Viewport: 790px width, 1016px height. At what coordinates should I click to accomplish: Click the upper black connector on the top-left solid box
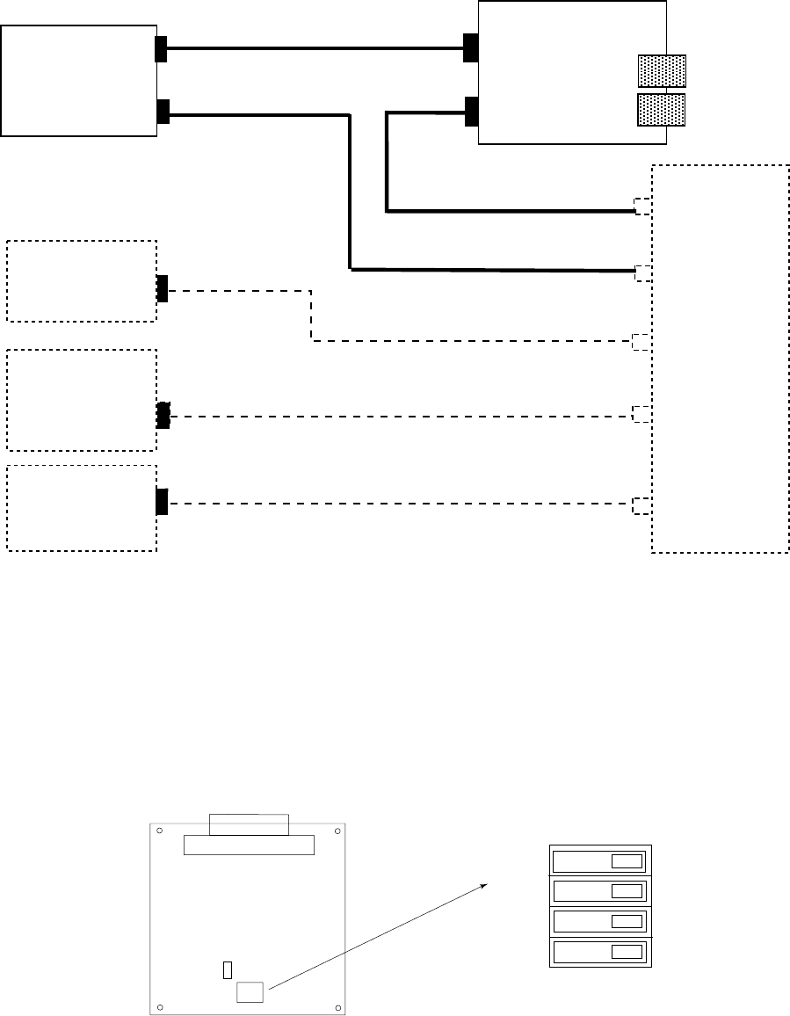click(x=161, y=48)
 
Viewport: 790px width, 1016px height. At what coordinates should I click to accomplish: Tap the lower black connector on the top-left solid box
click(x=162, y=112)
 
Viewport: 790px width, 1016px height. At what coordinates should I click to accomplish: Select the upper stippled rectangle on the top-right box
click(x=661, y=71)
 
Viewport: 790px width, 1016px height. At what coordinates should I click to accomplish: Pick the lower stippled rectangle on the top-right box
click(x=661, y=109)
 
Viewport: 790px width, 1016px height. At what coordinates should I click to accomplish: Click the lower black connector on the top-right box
click(x=471, y=112)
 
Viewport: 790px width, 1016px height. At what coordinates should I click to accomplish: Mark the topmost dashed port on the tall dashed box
click(x=643, y=207)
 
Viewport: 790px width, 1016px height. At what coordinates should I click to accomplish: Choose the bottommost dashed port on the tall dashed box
click(x=642, y=505)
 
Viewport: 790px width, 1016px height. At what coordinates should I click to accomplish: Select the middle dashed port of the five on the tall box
click(x=642, y=342)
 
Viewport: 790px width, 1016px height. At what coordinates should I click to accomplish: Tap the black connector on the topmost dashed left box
click(x=162, y=288)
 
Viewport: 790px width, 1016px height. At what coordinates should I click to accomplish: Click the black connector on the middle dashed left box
click(x=163, y=416)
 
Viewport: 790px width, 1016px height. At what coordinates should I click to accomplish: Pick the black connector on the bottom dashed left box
click(x=162, y=501)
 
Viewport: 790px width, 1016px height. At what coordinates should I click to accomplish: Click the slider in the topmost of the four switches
click(x=626, y=860)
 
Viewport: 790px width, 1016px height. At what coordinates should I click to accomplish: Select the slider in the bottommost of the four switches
click(x=626, y=952)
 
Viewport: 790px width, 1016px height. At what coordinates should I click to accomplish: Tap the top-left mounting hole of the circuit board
click(x=159, y=831)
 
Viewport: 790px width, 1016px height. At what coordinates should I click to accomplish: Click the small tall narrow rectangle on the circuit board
click(x=228, y=970)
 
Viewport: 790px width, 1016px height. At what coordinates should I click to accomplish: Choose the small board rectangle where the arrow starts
click(x=250, y=991)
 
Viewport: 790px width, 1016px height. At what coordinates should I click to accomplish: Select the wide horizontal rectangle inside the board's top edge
click(x=249, y=845)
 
